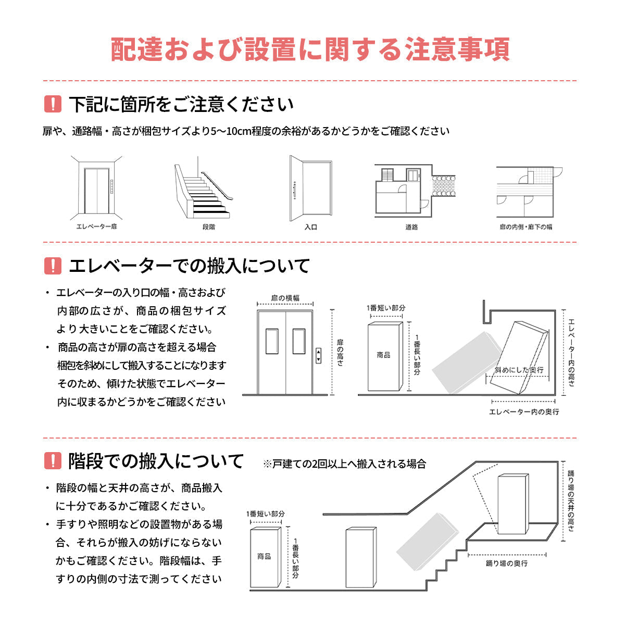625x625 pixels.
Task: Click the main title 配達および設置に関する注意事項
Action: (x=310, y=49)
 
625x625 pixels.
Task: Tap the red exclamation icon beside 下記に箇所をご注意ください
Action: (x=53, y=105)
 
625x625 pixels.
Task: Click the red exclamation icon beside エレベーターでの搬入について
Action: (x=53, y=266)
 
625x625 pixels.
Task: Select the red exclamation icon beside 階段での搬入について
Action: (x=53, y=461)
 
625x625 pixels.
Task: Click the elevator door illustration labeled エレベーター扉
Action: (x=96, y=190)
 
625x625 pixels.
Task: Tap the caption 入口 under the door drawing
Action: (x=310, y=227)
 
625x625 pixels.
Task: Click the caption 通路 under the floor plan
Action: (x=411, y=227)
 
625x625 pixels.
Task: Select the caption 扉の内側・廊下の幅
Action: (x=526, y=227)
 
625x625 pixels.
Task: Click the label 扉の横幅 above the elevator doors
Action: (x=285, y=298)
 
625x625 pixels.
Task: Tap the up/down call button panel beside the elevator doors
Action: (x=318, y=357)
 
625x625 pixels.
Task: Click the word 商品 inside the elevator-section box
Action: (x=383, y=355)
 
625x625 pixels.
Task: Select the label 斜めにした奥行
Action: (x=519, y=370)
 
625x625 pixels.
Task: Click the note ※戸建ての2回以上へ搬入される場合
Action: (x=344, y=464)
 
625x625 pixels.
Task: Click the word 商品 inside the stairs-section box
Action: (x=264, y=556)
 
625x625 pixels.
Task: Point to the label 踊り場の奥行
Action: (x=506, y=564)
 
